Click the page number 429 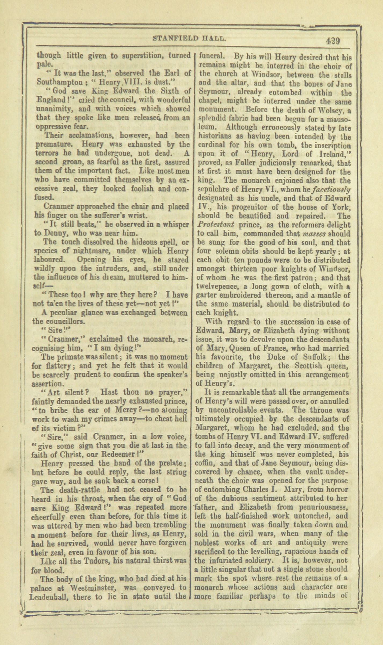(333, 41)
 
